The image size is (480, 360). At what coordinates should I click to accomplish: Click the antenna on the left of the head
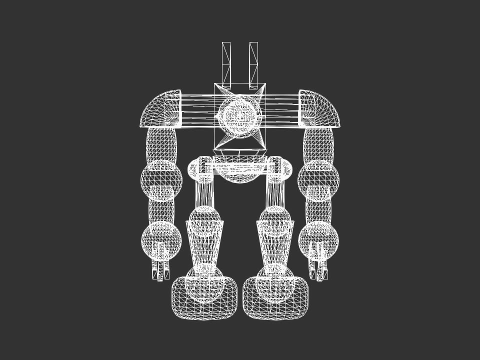click(x=227, y=62)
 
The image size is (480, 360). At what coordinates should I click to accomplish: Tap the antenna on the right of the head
click(x=253, y=62)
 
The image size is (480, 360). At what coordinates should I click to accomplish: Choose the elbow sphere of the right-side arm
click(x=319, y=178)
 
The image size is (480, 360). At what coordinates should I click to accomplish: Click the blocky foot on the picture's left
click(x=204, y=299)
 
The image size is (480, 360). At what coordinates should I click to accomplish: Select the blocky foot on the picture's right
click(x=276, y=299)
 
